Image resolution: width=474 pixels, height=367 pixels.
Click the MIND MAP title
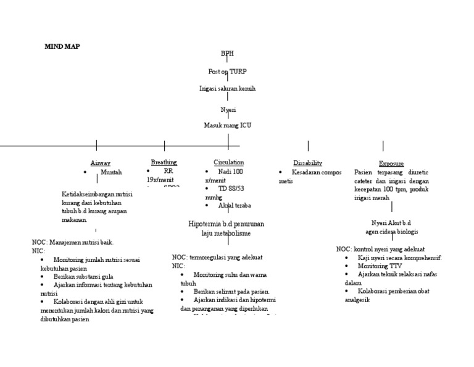click(62, 46)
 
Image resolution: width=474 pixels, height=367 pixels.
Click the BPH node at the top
click(227, 54)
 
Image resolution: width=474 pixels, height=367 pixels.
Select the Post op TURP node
click(227, 72)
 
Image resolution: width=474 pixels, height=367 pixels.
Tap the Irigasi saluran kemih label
click(227, 89)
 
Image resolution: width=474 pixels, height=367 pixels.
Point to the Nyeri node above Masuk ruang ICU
click(228, 109)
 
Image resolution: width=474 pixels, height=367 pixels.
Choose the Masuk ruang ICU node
click(227, 125)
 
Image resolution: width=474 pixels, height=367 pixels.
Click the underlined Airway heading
click(101, 163)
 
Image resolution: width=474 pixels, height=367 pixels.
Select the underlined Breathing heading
click(164, 162)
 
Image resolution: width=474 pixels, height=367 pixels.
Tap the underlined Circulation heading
click(228, 162)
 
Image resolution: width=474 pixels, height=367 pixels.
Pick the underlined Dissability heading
click(307, 163)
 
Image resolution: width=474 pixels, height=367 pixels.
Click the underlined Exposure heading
click(391, 164)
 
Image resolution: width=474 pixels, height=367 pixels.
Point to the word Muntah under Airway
click(111, 172)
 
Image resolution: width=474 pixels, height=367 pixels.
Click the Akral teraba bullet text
click(235, 205)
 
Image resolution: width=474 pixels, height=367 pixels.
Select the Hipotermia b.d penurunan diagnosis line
click(229, 223)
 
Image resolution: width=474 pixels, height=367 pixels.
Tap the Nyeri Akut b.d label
click(391, 222)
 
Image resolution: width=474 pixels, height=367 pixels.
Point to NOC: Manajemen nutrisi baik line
click(73, 242)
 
